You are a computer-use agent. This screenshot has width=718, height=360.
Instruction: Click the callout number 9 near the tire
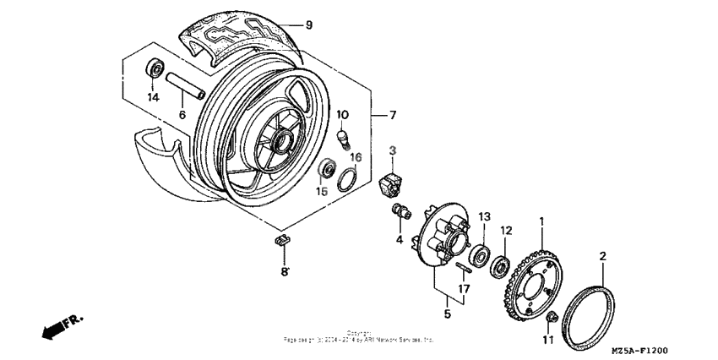tap(309, 25)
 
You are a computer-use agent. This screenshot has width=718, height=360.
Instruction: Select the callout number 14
tap(152, 97)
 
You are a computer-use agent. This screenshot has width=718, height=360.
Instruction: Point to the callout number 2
tap(602, 254)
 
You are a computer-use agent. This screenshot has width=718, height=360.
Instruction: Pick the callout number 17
tap(463, 289)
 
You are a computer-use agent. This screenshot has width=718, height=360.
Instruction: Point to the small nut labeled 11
tap(550, 319)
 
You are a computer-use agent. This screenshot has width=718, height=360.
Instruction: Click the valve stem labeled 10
tap(344, 135)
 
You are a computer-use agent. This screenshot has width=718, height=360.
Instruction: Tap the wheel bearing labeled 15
tap(324, 172)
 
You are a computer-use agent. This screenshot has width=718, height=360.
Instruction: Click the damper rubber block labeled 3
tap(393, 180)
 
